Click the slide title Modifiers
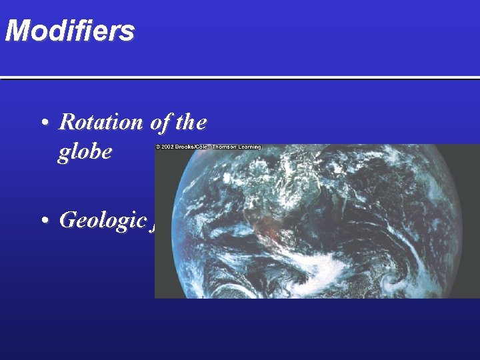(69, 31)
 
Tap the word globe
(85, 153)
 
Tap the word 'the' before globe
(191, 122)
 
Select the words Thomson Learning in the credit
(237, 147)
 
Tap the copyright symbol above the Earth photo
(158, 147)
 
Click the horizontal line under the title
(240, 78)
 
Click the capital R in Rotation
(66, 122)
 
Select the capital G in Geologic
(67, 219)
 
